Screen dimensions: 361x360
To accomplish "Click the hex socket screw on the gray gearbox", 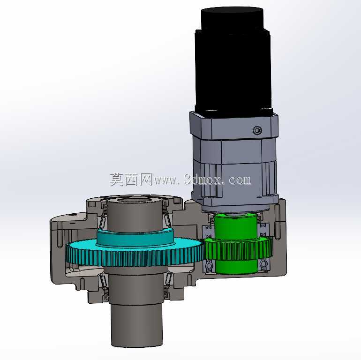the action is (257, 130).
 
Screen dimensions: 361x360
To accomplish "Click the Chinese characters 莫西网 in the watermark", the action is (131, 180).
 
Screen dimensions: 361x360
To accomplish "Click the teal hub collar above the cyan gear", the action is (135, 237).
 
